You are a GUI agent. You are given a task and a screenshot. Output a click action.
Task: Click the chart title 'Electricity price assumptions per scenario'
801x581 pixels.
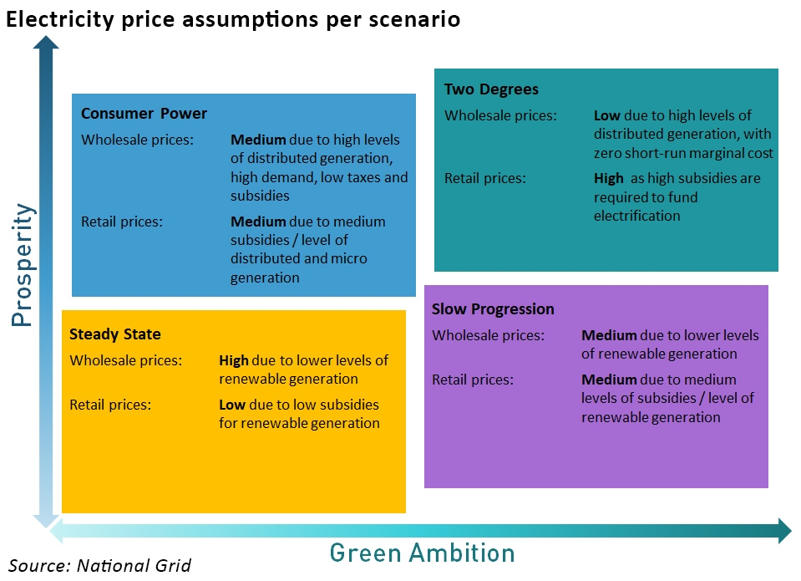[x=233, y=18]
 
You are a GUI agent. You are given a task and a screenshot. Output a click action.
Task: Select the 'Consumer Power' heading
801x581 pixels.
[x=144, y=114]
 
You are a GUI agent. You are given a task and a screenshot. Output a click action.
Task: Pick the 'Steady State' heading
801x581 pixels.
[x=114, y=334]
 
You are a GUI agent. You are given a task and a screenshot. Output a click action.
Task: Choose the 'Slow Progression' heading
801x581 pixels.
[x=493, y=309]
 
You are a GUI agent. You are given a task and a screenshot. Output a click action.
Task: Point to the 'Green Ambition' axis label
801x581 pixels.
[x=422, y=553]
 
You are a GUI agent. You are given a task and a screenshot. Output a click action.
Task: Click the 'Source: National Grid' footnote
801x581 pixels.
[x=100, y=566]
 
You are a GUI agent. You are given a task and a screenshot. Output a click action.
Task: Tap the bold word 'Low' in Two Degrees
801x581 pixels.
[x=607, y=115]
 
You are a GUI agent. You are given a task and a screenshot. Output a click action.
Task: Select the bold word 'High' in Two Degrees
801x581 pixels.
[x=609, y=178]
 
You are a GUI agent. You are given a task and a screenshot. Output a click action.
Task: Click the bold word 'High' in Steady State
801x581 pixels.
[x=234, y=361]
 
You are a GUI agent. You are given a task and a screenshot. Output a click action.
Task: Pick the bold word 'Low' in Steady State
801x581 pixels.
[x=231, y=405]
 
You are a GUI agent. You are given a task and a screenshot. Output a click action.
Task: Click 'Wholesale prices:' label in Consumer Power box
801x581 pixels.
[x=137, y=140]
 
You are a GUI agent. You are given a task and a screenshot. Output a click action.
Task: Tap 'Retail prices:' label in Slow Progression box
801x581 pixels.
[x=472, y=380]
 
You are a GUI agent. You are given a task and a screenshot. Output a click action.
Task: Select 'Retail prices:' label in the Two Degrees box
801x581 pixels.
[x=484, y=178]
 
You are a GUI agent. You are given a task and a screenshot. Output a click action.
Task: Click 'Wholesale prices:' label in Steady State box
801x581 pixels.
[x=125, y=361]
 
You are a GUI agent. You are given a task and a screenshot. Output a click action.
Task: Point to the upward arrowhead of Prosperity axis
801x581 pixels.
[x=46, y=43]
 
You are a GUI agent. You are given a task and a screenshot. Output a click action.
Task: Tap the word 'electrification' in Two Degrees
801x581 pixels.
[x=637, y=216]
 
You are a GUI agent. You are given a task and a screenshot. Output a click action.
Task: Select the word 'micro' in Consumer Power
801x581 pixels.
[x=347, y=258]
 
